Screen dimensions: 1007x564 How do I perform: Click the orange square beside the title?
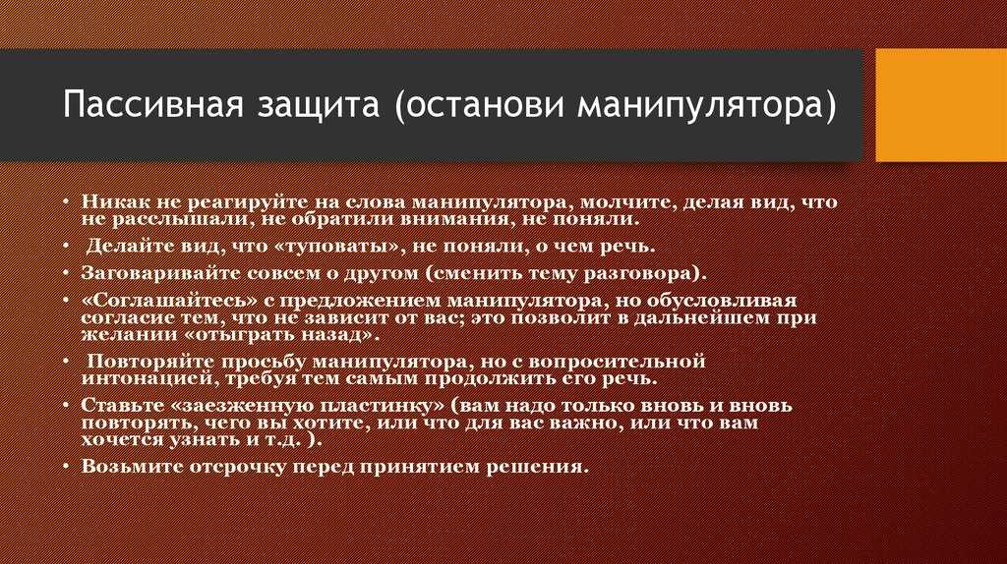click(x=941, y=105)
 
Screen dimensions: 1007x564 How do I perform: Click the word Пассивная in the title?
click(x=153, y=104)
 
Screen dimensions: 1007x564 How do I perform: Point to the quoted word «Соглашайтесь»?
click(x=165, y=301)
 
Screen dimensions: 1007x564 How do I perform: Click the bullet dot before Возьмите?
click(x=66, y=467)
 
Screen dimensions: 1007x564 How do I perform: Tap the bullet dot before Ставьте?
click(x=66, y=406)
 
